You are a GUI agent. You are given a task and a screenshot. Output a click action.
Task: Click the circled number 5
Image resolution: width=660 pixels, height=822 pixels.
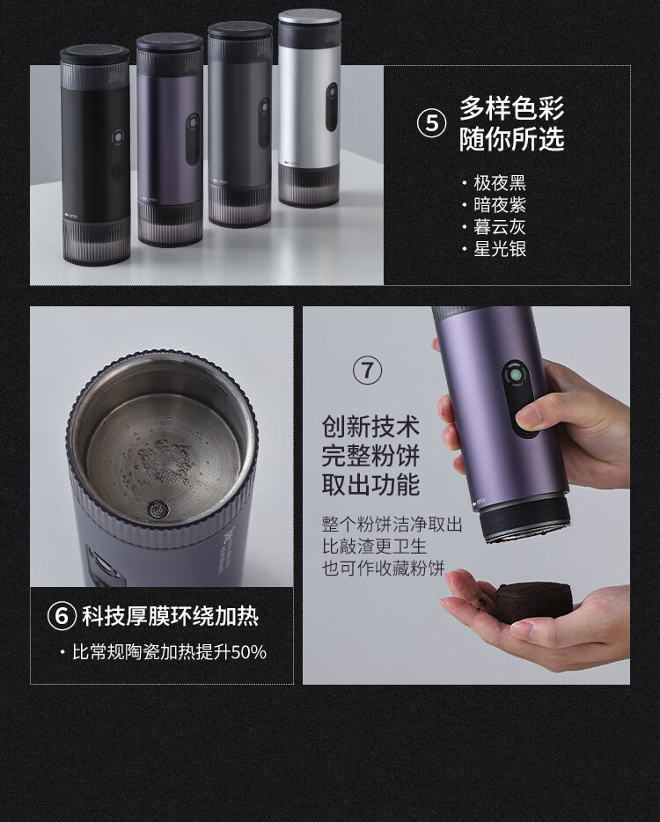pos(431,124)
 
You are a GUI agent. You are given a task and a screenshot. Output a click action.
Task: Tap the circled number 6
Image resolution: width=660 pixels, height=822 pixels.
pos(62,616)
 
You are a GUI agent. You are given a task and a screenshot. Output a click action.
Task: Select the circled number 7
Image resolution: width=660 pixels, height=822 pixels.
pos(367,371)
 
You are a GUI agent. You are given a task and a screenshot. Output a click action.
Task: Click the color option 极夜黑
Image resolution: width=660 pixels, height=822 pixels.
pos(500,183)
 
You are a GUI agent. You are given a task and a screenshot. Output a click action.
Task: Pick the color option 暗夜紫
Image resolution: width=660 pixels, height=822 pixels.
pos(500,205)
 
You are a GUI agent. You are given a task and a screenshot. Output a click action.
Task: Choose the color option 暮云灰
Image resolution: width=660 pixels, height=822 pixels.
pos(500,227)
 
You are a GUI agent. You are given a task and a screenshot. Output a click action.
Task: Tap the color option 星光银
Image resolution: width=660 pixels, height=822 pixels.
pos(500,249)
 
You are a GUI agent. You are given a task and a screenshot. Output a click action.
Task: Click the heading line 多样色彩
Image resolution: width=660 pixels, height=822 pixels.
pos(511,108)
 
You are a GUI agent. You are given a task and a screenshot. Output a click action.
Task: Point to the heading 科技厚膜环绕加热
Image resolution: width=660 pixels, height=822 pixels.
pos(171,616)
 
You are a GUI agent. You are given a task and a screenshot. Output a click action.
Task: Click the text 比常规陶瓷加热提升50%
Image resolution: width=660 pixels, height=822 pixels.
pos(169,652)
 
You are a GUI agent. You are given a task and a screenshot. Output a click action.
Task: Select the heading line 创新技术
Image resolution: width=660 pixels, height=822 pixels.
pos(370,426)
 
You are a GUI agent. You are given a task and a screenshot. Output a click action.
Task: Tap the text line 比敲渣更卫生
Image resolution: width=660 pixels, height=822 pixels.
pos(374,547)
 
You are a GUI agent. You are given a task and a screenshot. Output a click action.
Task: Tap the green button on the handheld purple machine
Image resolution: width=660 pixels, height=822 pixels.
pos(516,376)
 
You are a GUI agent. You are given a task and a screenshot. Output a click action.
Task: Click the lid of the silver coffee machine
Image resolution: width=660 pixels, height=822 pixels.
pos(309,17)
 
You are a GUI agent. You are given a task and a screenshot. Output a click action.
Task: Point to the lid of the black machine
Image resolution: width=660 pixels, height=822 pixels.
pos(95,54)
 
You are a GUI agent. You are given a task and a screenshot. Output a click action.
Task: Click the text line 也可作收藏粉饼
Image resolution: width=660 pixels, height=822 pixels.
pos(383,569)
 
